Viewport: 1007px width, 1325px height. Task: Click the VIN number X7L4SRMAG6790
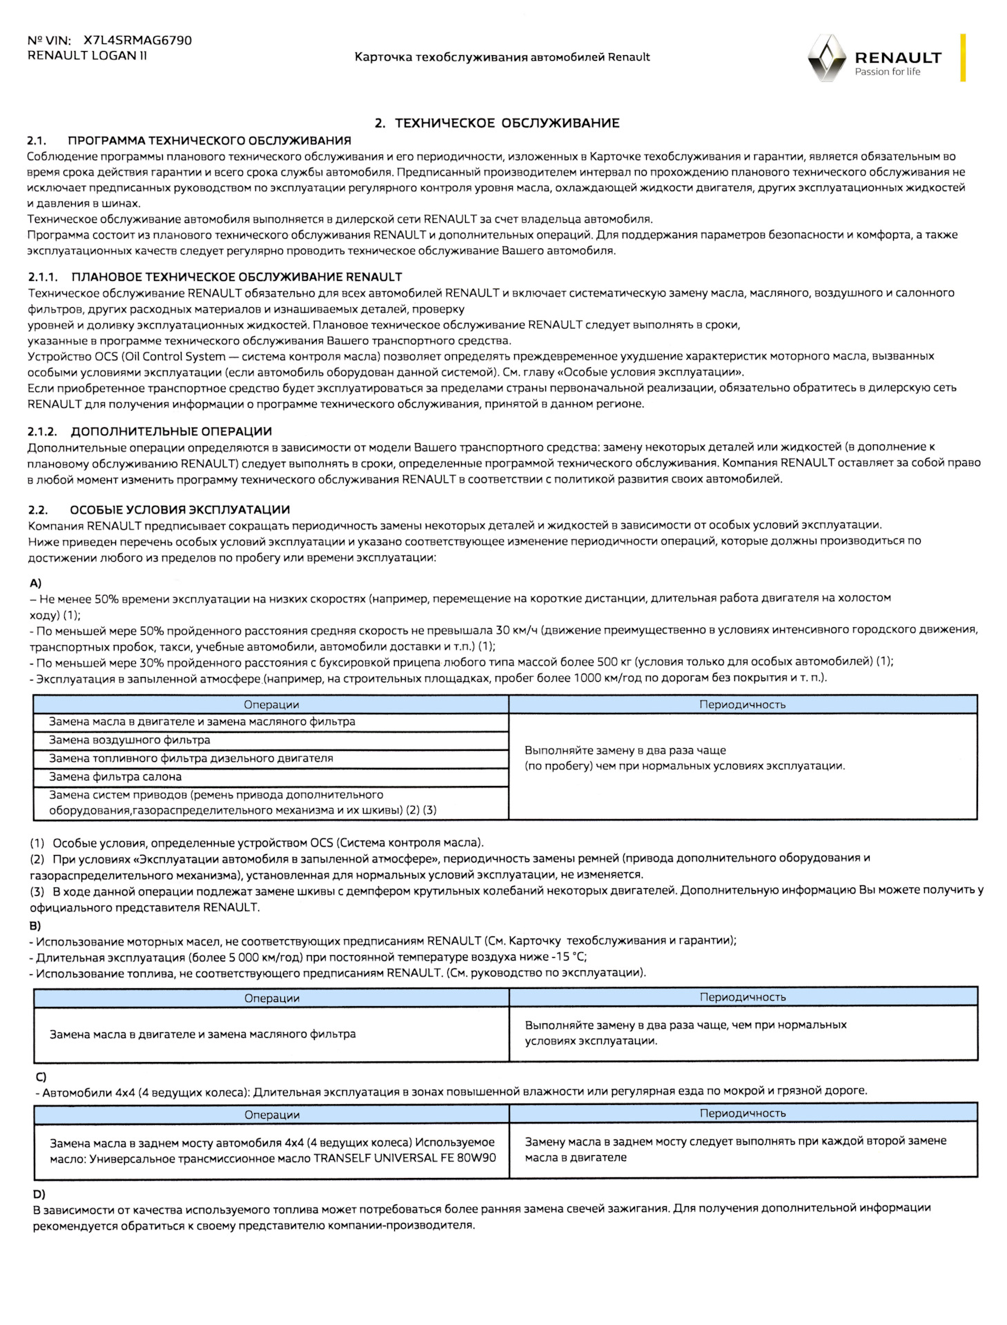[x=137, y=41]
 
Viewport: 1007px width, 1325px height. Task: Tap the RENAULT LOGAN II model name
[x=87, y=56]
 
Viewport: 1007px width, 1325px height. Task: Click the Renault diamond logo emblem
[x=826, y=58]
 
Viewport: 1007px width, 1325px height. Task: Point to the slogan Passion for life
[x=887, y=72]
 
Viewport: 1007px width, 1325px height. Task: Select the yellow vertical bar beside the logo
[x=963, y=58]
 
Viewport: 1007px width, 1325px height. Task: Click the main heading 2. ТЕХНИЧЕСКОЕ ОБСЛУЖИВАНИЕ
[x=497, y=124]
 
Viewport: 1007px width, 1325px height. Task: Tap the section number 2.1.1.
[x=43, y=277]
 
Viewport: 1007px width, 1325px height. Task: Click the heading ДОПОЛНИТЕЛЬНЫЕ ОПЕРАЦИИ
[x=171, y=432]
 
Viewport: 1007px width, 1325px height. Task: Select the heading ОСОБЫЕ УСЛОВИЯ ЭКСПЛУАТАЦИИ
[x=179, y=510]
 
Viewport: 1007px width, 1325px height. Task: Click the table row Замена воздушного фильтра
[x=130, y=740]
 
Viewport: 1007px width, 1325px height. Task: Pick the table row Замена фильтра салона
[x=115, y=777]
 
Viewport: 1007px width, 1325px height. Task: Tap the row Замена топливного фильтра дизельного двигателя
[x=191, y=758]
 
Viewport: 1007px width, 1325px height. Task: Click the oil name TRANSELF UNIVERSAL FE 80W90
[x=404, y=1158]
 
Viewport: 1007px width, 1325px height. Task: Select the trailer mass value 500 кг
[x=615, y=662]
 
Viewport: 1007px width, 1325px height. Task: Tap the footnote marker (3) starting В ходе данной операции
[x=37, y=891]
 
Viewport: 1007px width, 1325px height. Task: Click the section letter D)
[x=39, y=1195]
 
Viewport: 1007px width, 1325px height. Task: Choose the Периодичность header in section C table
[x=743, y=1113]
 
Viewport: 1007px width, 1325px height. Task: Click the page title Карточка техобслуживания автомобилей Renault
[x=502, y=57]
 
